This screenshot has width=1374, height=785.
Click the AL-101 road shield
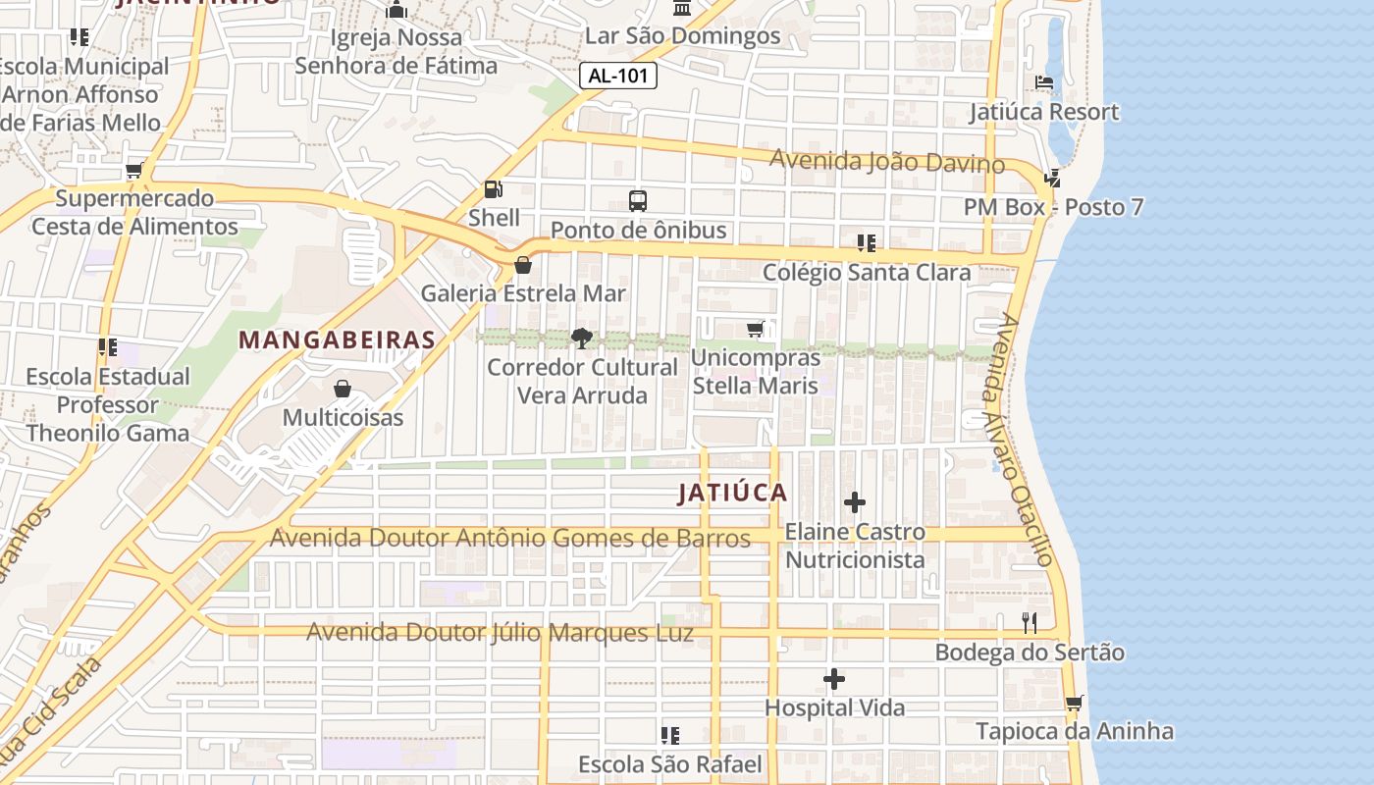coord(617,76)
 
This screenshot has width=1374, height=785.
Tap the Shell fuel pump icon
coord(493,189)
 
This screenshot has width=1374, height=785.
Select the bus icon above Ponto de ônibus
coord(638,201)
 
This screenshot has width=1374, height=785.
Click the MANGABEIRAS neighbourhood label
coord(337,340)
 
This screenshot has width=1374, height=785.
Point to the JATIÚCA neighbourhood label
coord(732,493)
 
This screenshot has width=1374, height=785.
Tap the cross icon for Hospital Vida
coord(834,679)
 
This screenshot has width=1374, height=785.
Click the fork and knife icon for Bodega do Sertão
coord(1029,623)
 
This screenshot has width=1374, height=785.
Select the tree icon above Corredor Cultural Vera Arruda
coord(582,339)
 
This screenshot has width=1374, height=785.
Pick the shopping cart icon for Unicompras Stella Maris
coord(755,329)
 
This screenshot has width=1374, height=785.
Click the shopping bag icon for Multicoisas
coord(343,389)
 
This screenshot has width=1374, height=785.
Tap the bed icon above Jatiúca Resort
coord(1044,82)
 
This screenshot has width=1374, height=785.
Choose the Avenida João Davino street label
coord(886,161)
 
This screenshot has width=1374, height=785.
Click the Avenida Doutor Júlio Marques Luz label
coord(500,632)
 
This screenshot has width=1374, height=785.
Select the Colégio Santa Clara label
coord(867,272)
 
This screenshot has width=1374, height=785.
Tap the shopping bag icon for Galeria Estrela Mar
coord(523,265)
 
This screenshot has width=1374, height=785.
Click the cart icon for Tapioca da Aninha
coord(1074,703)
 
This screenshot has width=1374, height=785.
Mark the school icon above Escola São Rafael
coord(670,735)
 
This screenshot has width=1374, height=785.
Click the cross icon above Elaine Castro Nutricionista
coord(855,503)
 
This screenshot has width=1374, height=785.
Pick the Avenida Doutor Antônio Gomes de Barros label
coord(509,538)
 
